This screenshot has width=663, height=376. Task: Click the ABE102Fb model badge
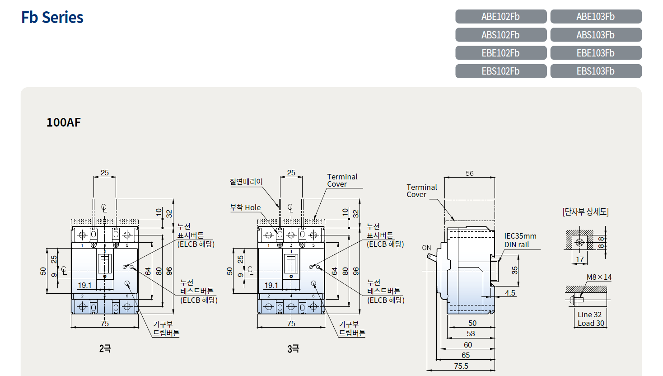click(501, 17)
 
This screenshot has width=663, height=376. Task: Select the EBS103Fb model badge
click(596, 71)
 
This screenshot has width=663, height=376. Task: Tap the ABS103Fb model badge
click(596, 35)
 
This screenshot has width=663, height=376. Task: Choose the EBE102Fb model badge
click(501, 53)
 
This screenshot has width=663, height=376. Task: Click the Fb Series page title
click(52, 17)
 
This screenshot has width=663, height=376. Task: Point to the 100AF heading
click(64, 122)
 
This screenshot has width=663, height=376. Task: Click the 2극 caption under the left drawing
click(105, 348)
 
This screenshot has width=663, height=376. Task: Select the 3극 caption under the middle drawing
click(293, 349)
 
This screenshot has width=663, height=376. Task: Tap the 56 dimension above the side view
click(469, 173)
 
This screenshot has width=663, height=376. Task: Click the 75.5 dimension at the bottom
click(461, 366)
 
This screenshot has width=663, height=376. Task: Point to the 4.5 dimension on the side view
click(510, 293)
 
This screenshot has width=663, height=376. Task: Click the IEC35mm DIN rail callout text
click(520, 240)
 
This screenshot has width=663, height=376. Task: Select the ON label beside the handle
click(426, 248)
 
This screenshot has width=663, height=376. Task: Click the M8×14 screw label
click(599, 277)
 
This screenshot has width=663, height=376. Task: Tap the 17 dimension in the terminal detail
click(579, 260)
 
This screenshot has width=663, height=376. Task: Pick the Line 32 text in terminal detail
click(589, 315)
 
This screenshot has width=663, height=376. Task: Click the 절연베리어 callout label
click(246, 182)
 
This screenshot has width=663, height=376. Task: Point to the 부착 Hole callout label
click(245, 207)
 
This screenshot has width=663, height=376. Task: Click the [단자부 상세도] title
click(586, 211)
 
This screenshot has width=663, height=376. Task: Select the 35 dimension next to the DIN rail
click(515, 270)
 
